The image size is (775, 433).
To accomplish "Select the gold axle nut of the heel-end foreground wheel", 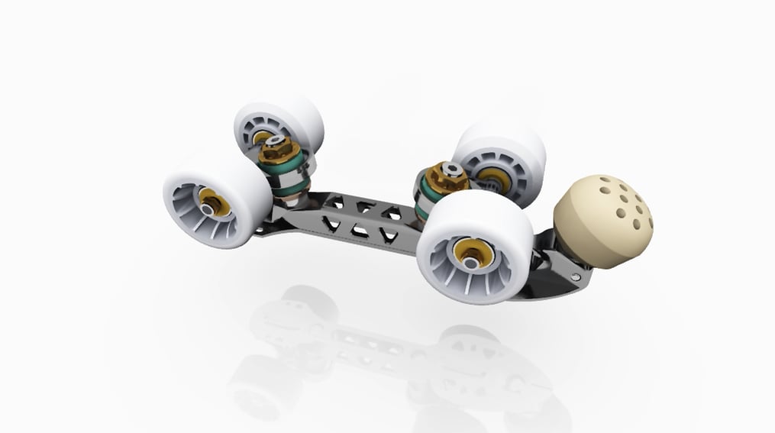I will click(212, 202).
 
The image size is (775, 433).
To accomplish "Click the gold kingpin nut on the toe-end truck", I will click(446, 177).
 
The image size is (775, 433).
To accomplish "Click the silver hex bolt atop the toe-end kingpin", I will click(453, 170).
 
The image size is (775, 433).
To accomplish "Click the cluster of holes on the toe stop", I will click(626, 202).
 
